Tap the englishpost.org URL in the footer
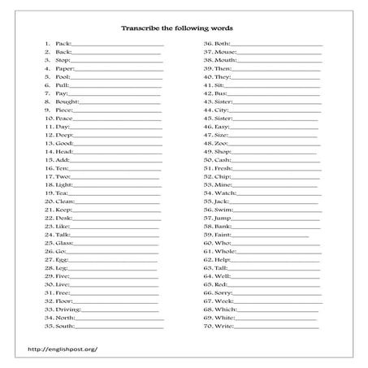(x=63, y=349)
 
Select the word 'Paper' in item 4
(x=63, y=69)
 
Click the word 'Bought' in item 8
(x=67, y=102)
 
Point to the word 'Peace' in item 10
(x=64, y=119)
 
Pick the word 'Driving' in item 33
(x=68, y=310)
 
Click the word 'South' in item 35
(x=65, y=326)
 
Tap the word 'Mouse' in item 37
(x=226, y=52)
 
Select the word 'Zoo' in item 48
(x=221, y=143)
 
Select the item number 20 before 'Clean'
(x=49, y=201)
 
